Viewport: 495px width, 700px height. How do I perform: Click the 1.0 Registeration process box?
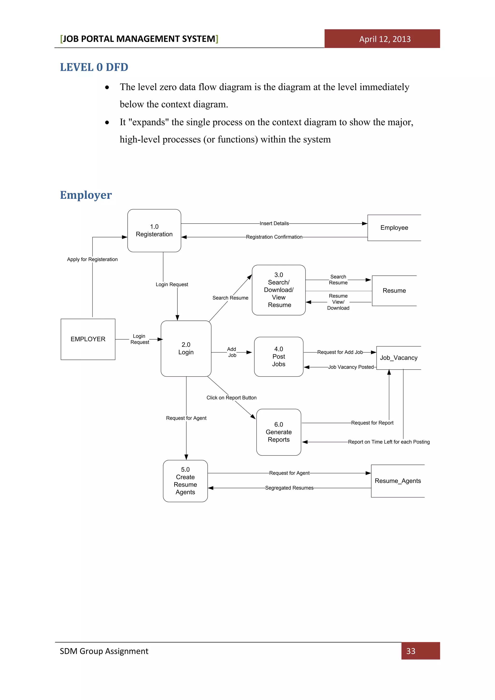[x=154, y=231]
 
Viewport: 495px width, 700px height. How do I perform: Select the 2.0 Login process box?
[x=186, y=349]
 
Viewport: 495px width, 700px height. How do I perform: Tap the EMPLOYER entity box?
[x=88, y=339]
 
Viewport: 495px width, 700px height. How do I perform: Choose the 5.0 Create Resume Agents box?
[x=185, y=481]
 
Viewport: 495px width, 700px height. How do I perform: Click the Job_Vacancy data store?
[x=398, y=358]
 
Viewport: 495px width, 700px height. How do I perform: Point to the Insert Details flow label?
[x=274, y=224]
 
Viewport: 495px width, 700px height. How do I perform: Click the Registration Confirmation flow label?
[x=274, y=237]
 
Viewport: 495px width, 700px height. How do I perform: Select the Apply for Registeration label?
[x=92, y=259]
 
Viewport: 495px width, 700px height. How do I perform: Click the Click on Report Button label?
[x=231, y=398]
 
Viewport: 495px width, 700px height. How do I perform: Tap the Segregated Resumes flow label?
[x=289, y=488]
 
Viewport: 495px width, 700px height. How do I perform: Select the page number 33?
[x=411, y=651]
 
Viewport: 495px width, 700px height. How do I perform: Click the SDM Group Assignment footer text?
[x=104, y=651]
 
